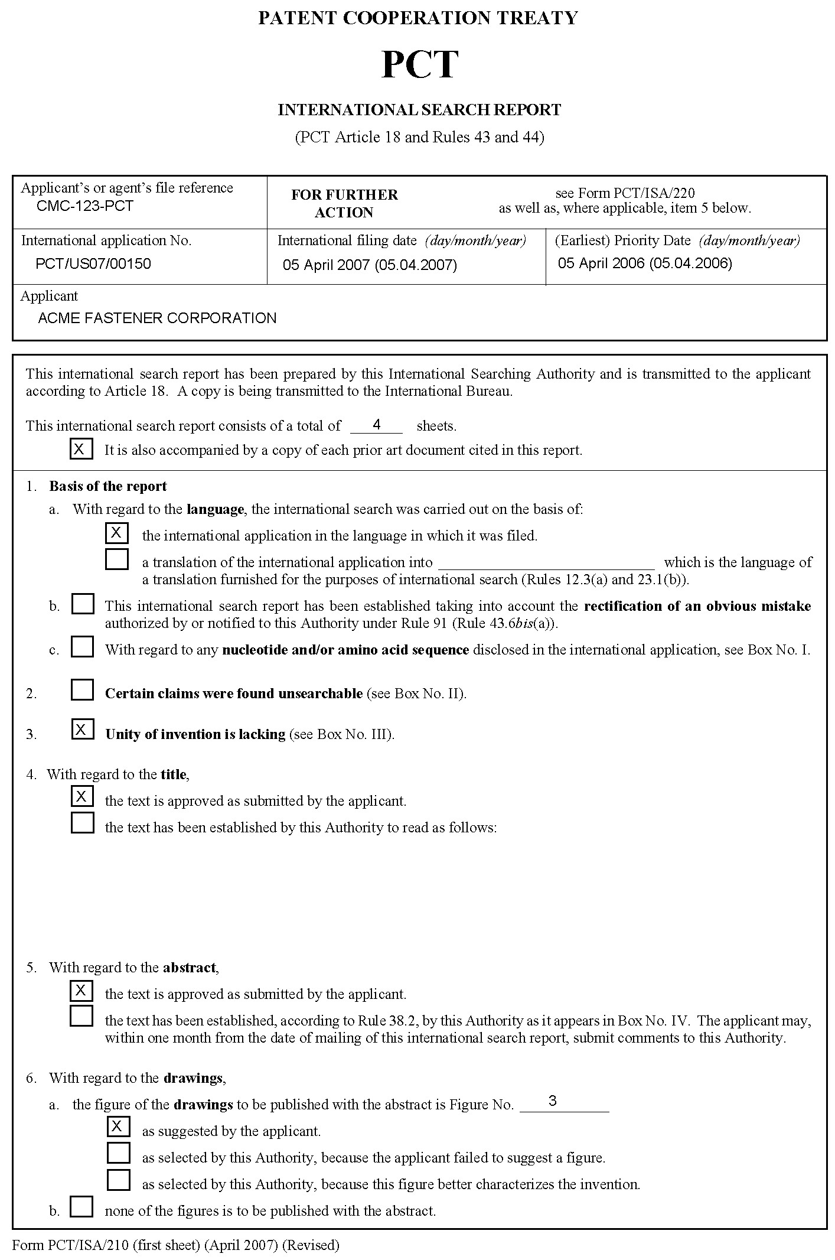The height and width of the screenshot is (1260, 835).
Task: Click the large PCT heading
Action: click(x=419, y=65)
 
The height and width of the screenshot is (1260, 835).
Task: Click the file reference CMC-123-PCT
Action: click(x=84, y=206)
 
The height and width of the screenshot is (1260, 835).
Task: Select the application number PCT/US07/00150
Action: click(x=93, y=263)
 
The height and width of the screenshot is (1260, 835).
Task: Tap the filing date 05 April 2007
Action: click(x=370, y=265)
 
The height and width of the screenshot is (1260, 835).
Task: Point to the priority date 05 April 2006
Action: click(x=645, y=263)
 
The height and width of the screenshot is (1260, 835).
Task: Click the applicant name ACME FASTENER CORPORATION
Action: click(x=157, y=318)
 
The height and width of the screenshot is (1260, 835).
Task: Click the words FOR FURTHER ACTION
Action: click(x=344, y=203)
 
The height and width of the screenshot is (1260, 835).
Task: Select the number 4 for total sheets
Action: click(x=376, y=424)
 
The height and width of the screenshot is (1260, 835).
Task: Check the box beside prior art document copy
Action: click(x=81, y=449)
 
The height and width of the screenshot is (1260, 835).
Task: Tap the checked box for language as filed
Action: click(x=116, y=533)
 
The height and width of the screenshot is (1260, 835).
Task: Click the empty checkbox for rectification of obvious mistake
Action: click(x=83, y=604)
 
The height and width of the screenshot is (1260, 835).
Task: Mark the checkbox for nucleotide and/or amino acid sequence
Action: click(x=82, y=647)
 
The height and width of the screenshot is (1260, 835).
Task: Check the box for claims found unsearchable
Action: click(x=82, y=690)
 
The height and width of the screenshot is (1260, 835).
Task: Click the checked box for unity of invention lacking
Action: click(x=82, y=730)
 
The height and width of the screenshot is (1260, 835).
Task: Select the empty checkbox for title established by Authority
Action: click(x=82, y=823)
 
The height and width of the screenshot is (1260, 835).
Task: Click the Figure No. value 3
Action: click(x=552, y=1101)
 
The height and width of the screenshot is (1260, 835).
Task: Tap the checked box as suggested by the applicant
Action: click(x=118, y=1127)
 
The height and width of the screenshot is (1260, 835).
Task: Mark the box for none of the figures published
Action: click(x=81, y=1206)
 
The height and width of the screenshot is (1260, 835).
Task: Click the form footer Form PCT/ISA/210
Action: click(x=175, y=1245)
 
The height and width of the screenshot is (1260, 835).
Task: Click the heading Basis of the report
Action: click(x=108, y=486)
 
